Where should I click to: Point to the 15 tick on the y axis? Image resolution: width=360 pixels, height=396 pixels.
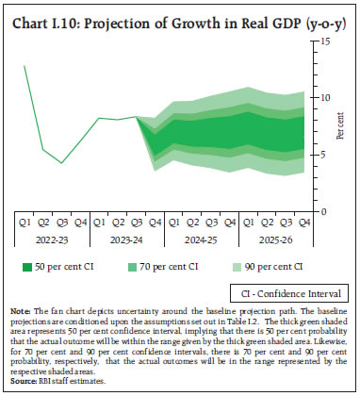click(x=323, y=41)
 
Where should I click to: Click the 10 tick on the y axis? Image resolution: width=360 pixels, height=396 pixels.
click(x=323, y=98)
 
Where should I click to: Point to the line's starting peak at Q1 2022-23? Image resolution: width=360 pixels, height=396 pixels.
click(x=25, y=66)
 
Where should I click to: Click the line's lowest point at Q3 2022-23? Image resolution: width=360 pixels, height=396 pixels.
click(x=62, y=163)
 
